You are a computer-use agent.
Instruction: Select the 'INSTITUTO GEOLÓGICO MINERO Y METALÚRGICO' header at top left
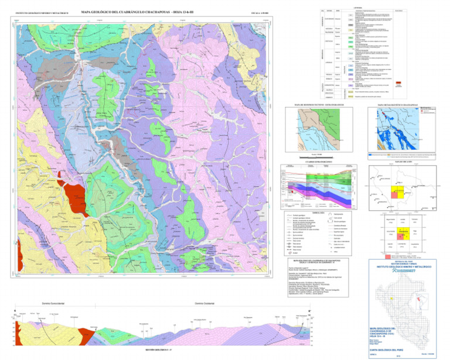coord(40,12)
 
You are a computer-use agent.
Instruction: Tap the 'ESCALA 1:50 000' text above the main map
coord(256,12)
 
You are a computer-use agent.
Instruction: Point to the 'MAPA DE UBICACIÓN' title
coord(402,161)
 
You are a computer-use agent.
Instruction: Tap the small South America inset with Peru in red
coord(422,301)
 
